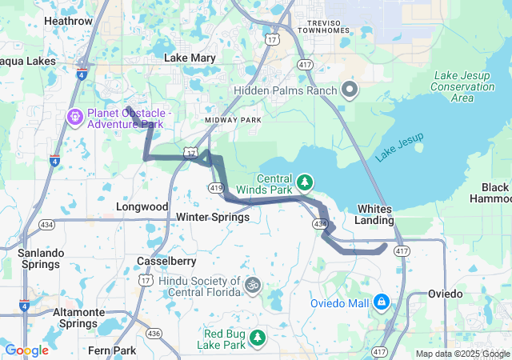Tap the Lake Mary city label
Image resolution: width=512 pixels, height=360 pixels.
tap(186, 58)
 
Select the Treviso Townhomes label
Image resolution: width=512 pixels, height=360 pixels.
tap(324, 26)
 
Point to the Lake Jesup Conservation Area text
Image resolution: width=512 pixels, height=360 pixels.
tap(462, 86)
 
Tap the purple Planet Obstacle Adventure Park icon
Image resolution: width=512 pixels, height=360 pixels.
tap(75, 118)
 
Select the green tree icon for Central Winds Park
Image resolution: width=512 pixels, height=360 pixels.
tap(305, 183)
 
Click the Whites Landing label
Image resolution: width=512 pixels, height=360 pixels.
tap(374, 214)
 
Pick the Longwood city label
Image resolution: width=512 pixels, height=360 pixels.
tap(142, 206)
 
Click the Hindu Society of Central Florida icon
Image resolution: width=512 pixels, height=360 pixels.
tap(253, 284)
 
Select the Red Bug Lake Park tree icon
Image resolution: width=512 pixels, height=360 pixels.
tap(257, 338)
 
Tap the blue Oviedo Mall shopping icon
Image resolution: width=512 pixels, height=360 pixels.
tap(382, 302)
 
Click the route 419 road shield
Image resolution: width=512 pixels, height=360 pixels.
tap(217, 186)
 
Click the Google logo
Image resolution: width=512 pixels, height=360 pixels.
tap(26, 350)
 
